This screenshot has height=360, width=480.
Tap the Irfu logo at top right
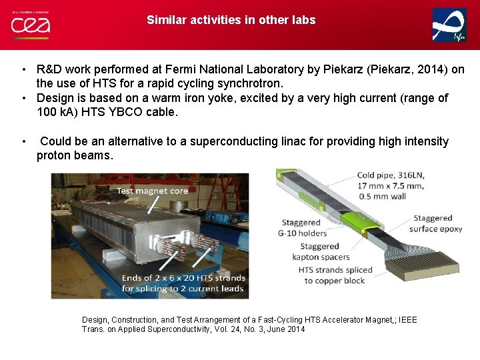click(449, 25)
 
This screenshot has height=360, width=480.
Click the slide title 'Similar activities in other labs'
click(231, 20)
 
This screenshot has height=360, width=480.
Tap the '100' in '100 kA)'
click(47, 113)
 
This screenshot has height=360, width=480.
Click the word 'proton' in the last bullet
click(53, 155)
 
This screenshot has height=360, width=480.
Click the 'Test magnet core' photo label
click(153, 191)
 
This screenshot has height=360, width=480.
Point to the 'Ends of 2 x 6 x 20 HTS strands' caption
click(183, 277)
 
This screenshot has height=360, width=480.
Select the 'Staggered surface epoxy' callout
click(437, 223)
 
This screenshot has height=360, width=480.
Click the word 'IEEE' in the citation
click(406, 320)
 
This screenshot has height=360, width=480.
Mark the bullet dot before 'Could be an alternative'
click(23, 141)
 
